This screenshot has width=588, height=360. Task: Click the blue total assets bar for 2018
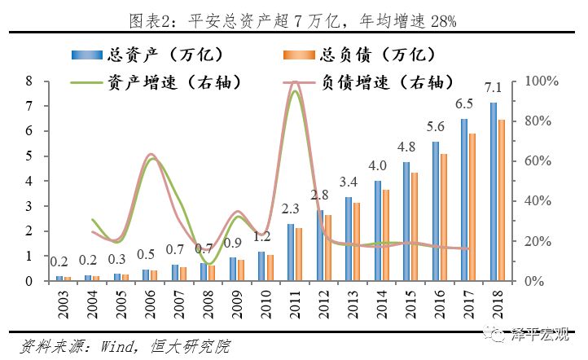point(493,191)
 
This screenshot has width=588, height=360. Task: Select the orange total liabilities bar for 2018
point(502,200)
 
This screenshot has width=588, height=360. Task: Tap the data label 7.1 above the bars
point(493,87)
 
